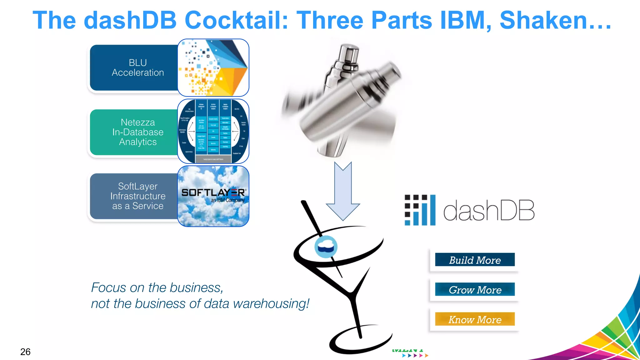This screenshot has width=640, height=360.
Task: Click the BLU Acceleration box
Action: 134,68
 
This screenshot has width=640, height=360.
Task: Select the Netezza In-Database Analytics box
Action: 134,132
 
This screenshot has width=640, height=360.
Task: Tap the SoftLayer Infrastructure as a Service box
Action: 134,196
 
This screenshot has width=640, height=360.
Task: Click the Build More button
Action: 475,260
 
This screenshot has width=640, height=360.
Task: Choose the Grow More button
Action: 475,289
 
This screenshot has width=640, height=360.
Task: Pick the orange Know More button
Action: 475,319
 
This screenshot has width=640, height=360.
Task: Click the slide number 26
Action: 25,352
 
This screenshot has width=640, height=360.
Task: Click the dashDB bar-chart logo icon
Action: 420,210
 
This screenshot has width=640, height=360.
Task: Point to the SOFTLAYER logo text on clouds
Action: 213,192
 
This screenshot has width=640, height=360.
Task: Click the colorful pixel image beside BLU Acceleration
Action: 213,67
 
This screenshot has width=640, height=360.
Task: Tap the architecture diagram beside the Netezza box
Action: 213,131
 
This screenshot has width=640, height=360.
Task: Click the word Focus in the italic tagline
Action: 108,287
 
